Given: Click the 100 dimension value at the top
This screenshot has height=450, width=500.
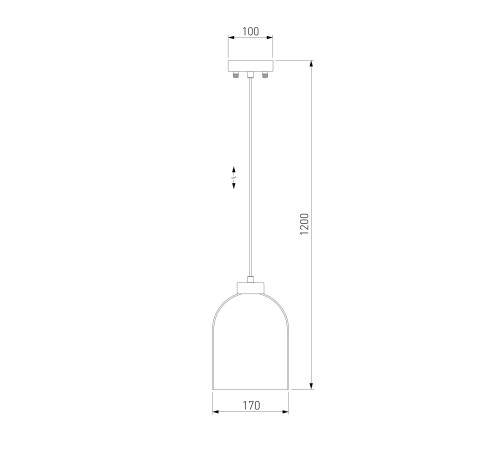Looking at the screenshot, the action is (250, 31).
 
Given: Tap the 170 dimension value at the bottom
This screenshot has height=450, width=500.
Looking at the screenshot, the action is (251, 406).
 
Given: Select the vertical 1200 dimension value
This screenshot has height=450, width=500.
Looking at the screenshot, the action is (304, 224).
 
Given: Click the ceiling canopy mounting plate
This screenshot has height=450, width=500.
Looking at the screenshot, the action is (250, 66).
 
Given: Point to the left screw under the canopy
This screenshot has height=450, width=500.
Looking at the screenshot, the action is (236, 75).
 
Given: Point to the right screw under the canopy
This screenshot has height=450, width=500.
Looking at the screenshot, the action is (265, 75).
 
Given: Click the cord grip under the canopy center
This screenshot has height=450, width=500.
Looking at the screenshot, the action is (250, 75).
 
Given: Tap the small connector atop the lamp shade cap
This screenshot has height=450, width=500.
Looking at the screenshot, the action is (250, 279).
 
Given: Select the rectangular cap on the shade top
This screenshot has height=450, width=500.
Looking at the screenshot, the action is (251, 288).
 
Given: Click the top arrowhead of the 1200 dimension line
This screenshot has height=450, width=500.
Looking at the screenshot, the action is (311, 64).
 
